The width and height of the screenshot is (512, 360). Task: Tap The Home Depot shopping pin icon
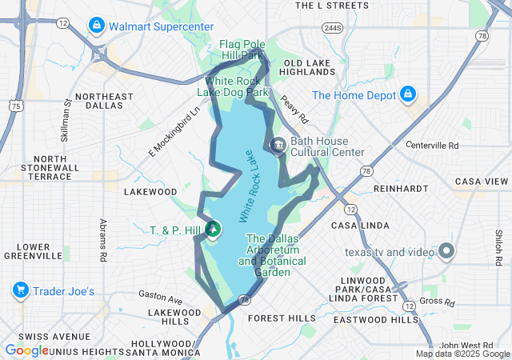tap(407, 94)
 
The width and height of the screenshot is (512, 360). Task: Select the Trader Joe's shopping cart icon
tap(21, 290)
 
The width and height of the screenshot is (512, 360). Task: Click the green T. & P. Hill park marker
tap(213, 230)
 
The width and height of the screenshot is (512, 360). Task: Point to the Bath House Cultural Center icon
tap(278, 146)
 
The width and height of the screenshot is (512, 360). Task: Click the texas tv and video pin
tap(445, 252)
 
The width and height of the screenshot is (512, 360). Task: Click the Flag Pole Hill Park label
tap(242, 50)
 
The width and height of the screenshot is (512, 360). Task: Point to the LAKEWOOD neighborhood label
tap(150, 192)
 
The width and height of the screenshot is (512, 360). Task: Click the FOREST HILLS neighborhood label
tap(282, 318)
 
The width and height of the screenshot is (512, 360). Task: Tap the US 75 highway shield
tap(15, 105)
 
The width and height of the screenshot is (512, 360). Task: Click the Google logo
tap(27, 350)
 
